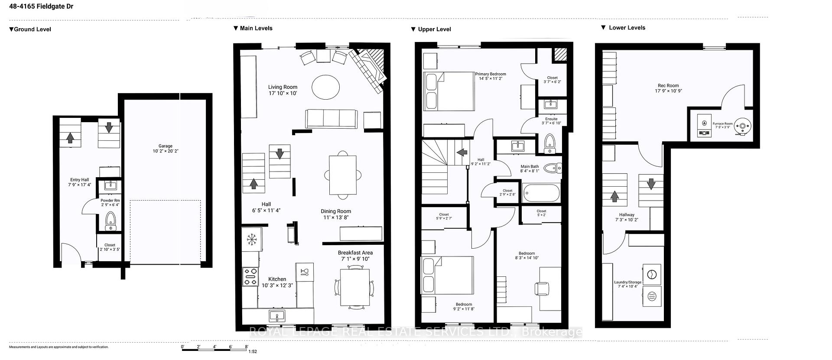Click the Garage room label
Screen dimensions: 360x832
click(x=165, y=146)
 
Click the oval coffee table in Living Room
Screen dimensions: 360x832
click(x=326, y=88)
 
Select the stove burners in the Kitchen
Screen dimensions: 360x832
click(x=250, y=276)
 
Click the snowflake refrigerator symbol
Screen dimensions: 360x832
click(x=251, y=239)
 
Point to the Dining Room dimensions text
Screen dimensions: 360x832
click(x=336, y=217)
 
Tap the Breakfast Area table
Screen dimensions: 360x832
click(x=355, y=287)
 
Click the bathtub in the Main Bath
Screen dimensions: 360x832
click(x=541, y=193)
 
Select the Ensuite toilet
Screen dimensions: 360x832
click(x=549, y=143)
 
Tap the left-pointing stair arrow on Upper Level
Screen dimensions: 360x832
click(x=461, y=152)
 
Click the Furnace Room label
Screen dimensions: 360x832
click(x=722, y=124)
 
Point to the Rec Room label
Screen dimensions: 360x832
click(x=668, y=86)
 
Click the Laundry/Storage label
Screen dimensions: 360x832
click(x=627, y=282)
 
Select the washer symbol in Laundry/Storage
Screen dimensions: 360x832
click(x=652, y=275)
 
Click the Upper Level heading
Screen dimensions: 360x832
click(x=434, y=29)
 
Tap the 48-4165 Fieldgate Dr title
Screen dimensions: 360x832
click(x=41, y=6)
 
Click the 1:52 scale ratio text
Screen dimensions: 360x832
click(x=253, y=351)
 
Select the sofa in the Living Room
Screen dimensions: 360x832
click(x=331, y=118)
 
